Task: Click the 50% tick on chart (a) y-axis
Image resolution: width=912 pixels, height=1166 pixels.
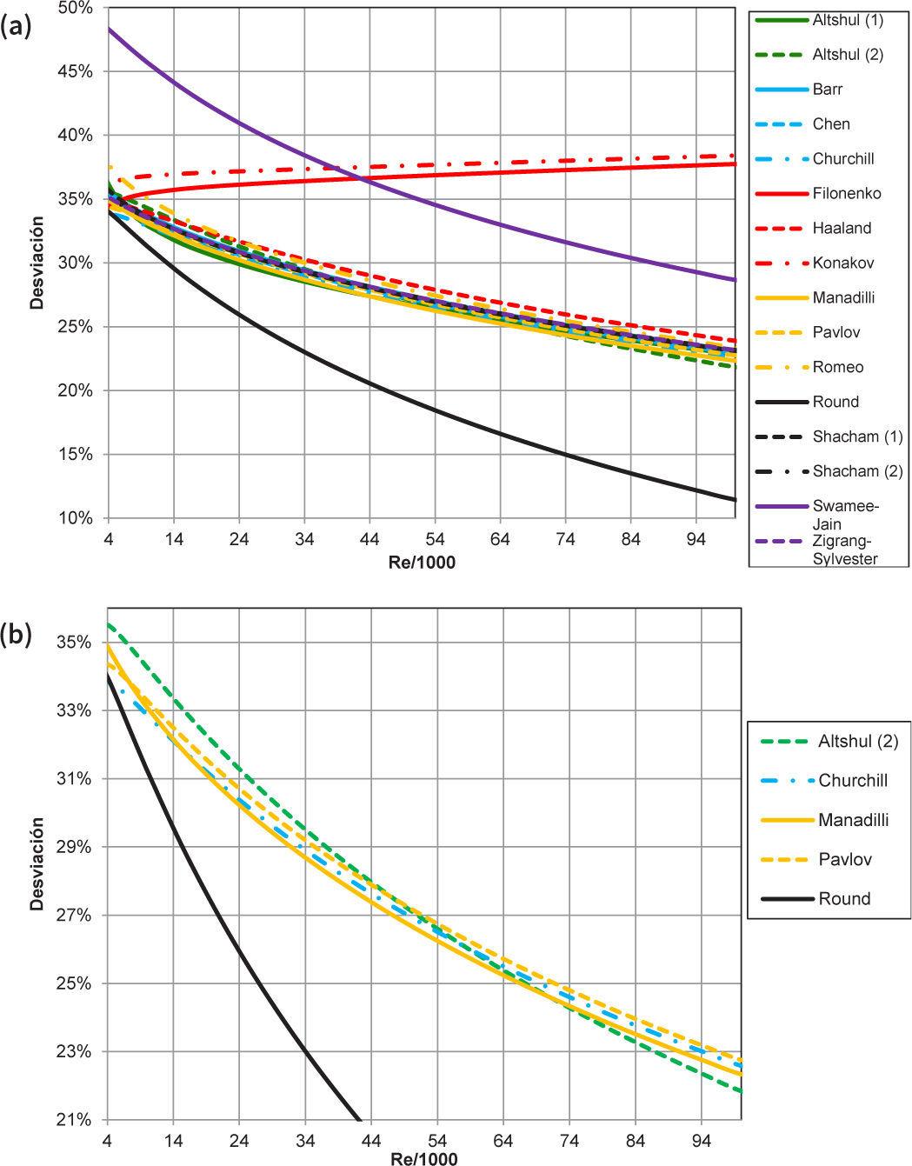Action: pos(75,8)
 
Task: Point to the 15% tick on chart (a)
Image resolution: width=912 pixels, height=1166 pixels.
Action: pos(75,455)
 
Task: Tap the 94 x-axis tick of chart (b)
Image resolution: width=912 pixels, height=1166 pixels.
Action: pos(702,1140)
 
